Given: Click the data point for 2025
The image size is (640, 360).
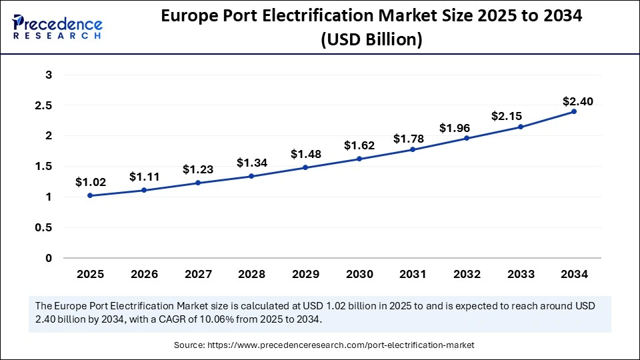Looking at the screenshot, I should (90, 195).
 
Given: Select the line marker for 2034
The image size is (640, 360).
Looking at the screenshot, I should (574, 111).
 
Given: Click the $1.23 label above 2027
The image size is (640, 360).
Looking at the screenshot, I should (198, 169).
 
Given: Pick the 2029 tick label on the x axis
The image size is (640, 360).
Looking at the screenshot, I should (305, 274).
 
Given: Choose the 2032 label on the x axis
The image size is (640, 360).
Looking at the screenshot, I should (466, 274).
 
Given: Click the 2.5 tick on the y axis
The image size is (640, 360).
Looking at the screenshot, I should (44, 105).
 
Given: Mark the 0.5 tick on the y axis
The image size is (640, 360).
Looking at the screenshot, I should (44, 227).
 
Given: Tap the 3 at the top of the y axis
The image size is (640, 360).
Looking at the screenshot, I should (49, 75).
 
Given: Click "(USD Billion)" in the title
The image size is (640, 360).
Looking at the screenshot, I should (371, 40).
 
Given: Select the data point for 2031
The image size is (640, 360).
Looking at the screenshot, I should (413, 149).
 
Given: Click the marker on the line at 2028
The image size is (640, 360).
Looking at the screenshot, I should (251, 176).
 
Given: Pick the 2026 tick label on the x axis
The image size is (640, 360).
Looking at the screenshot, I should (144, 274).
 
